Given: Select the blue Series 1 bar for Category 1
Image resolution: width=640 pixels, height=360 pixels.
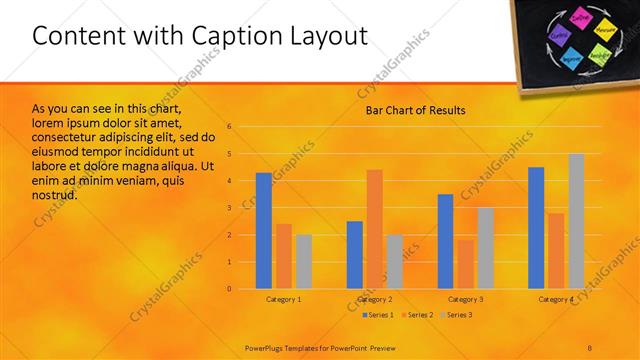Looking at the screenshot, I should click(263, 230).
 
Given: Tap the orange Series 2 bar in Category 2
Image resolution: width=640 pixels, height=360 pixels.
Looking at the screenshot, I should click(374, 229).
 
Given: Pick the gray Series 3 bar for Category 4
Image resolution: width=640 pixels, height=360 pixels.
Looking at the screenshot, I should click(576, 221).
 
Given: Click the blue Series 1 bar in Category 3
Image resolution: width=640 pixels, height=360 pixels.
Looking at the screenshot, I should click(445, 241).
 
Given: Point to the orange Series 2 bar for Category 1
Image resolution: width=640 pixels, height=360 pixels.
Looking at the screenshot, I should click(284, 256).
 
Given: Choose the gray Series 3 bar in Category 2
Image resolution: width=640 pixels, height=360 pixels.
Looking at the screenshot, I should click(394, 261).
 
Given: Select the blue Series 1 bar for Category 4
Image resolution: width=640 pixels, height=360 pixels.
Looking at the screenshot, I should click(536, 228).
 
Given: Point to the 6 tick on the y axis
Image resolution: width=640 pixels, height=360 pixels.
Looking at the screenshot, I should click(229, 127).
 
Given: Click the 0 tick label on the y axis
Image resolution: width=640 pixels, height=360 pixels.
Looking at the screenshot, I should click(229, 289).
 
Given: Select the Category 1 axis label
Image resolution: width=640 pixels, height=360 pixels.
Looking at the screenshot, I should click(284, 299).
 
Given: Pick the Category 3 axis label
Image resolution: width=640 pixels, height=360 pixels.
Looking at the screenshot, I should click(465, 299).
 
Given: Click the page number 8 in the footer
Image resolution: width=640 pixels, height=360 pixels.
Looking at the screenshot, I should click(591, 347).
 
